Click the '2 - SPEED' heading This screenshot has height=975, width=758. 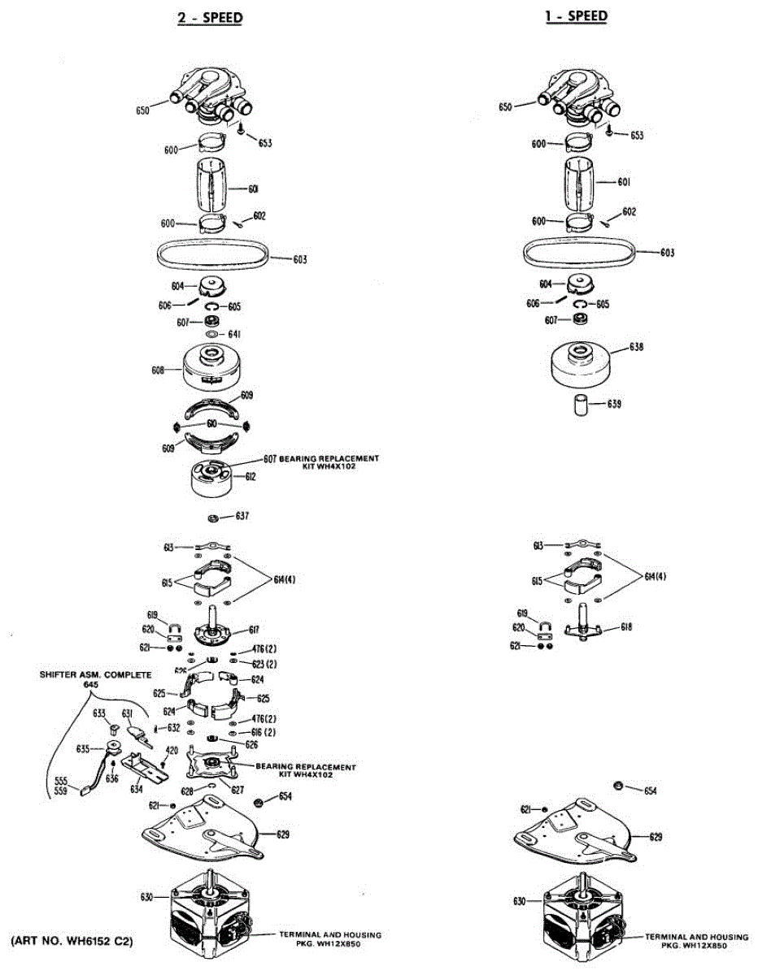(210, 17)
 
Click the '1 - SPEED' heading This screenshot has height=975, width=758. (577, 15)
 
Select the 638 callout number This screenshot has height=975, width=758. (638, 347)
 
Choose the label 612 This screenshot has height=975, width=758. (251, 476)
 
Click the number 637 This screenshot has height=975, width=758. (242, 516)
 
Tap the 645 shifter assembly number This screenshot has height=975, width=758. (89, 685)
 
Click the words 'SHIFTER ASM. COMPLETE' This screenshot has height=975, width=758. (90, 674)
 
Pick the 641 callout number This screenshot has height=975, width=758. (236, 334)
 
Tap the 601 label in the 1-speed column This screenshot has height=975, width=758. (624, 182)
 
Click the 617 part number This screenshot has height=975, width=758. (254, 629)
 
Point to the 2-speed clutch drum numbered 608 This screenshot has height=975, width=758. (210, 367)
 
